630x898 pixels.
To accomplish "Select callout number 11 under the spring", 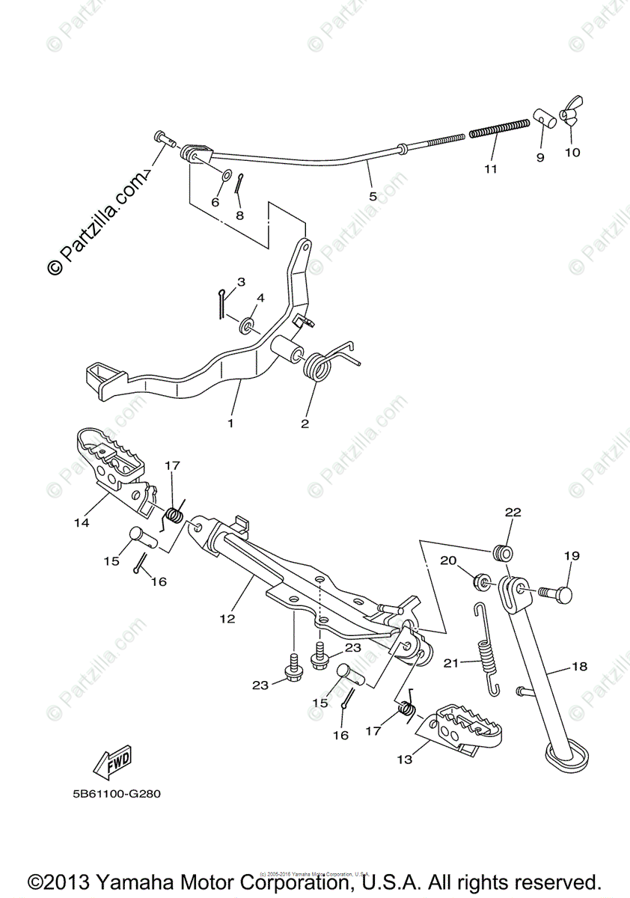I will click(x=490, y=169).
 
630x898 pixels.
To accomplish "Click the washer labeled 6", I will click(x=225, y=177).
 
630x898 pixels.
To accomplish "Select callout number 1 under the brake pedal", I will click(x=230, y=423).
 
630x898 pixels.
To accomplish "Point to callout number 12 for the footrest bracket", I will click(x=227, y=619).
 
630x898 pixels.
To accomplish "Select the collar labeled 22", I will click(x=501, y=554).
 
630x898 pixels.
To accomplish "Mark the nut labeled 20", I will click(x=483, y=581).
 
